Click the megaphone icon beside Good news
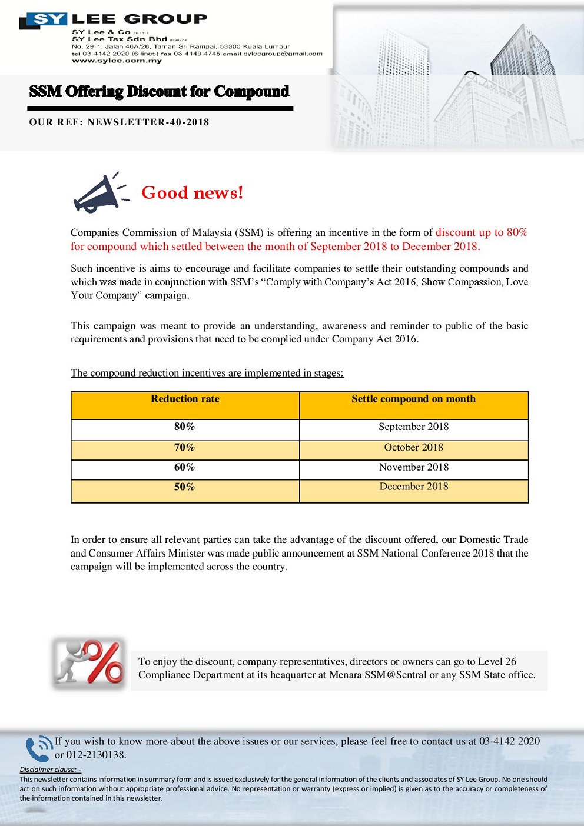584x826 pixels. point(97,193)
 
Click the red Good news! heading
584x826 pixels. point(192,193)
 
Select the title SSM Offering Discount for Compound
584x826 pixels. point(159,92)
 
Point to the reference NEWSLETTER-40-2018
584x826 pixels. point(148,122)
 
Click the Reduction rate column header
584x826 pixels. point(185,399)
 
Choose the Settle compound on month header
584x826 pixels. point(413,399)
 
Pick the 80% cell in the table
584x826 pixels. point(184,427)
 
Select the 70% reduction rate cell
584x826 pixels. point(184,447)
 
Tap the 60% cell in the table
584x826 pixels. point(184,467)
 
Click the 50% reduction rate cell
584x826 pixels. point(184,487)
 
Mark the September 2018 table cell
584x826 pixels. point(413,427)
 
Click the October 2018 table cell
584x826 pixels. point(413,447)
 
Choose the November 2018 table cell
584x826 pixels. point(413,467)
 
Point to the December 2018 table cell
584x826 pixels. point(413,487)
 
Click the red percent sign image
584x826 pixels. point(89,662)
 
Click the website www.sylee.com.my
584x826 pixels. point(117,61)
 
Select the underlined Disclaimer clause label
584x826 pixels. point(50,770)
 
